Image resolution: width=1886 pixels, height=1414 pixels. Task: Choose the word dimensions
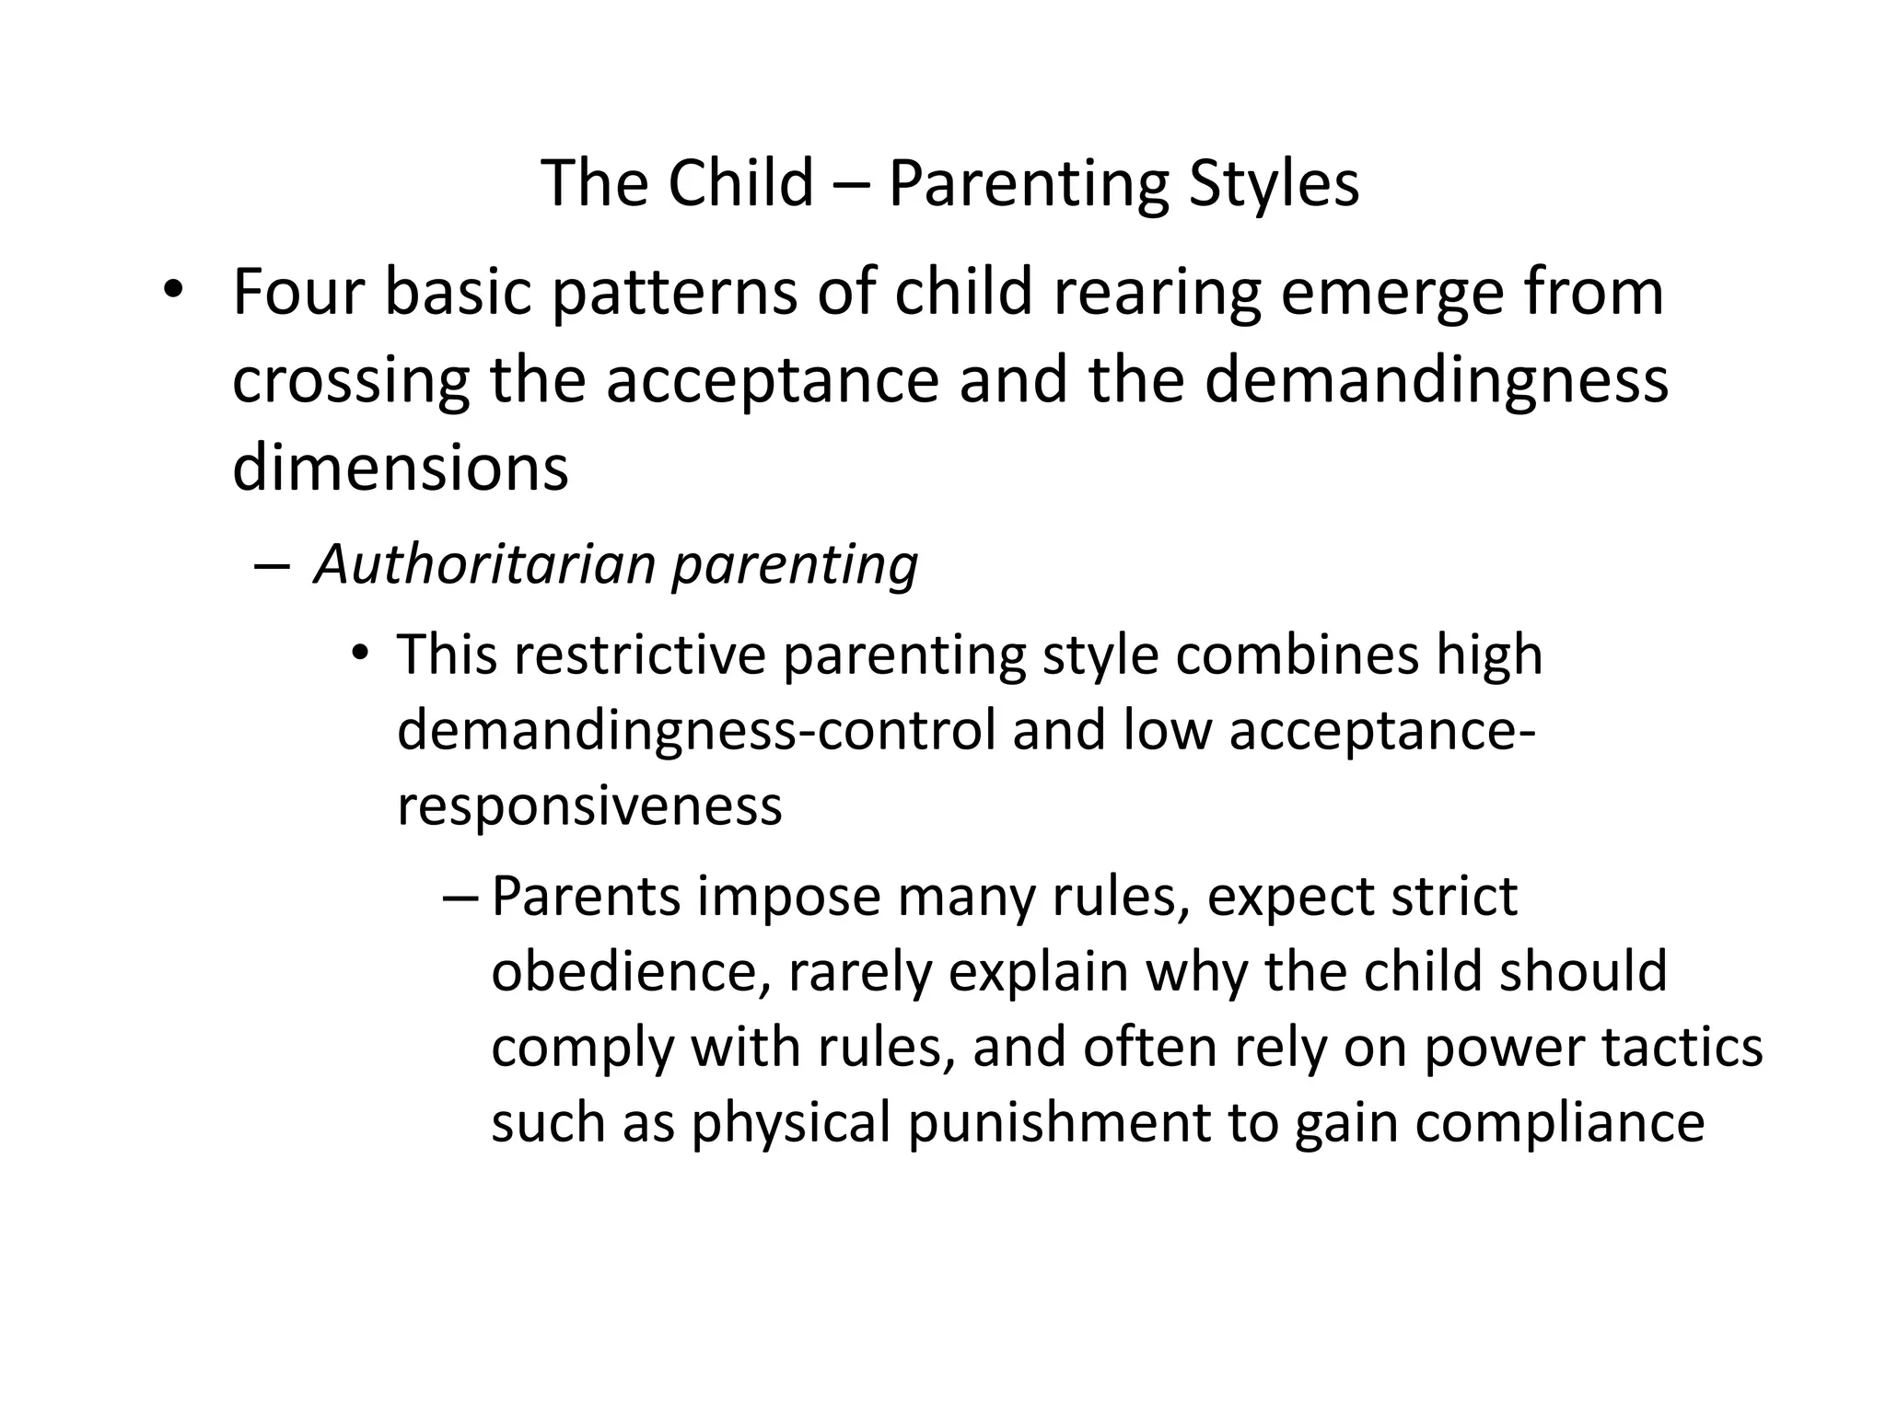[401, 467]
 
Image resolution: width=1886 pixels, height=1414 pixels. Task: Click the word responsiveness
[589, 806]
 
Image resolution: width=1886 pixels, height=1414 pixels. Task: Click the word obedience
[623, 971]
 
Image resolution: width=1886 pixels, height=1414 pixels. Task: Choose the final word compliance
[1559, 1122]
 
